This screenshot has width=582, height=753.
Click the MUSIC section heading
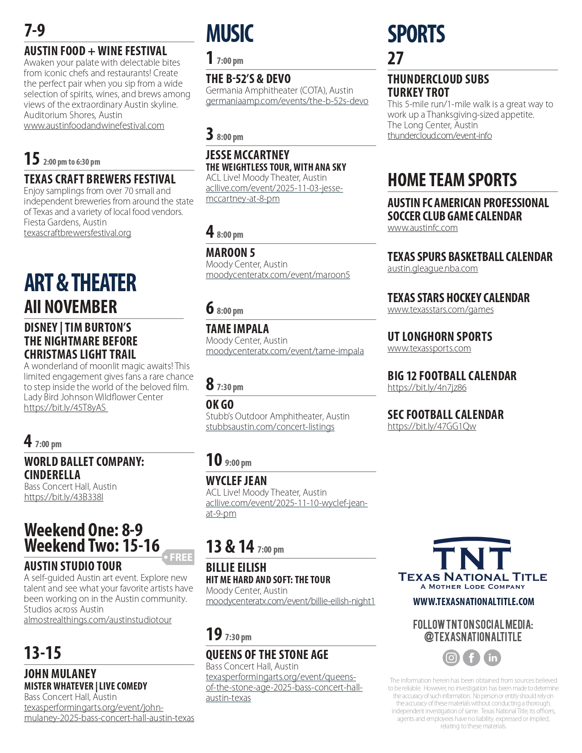pos(230,34)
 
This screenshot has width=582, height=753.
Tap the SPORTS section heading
pos(416,34)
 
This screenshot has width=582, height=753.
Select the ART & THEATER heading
pos(80,282)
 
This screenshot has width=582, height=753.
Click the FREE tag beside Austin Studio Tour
pos(179,557)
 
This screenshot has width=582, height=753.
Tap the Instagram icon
pos(451,658)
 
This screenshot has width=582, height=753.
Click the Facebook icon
pos(472,658)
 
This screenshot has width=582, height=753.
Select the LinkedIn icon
pos(493,658)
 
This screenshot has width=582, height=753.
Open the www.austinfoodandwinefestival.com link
pos(94,125)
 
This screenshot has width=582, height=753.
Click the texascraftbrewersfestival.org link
pos(77,233)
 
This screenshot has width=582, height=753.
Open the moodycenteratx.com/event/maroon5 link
pos(278,275)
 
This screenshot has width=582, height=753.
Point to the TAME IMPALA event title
pos(237,329)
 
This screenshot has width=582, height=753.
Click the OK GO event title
pos(220,404)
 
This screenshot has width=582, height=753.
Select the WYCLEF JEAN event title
pos(236,481)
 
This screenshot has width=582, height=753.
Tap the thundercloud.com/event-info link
pos(440,136)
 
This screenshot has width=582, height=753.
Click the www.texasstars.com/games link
pos(440,309)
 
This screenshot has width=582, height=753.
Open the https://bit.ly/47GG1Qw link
pos(432,426)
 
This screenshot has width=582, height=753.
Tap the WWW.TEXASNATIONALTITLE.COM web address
pos(473,601)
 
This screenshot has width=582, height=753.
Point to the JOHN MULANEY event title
pos(60,674)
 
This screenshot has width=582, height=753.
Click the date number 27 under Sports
pos(396,58)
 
